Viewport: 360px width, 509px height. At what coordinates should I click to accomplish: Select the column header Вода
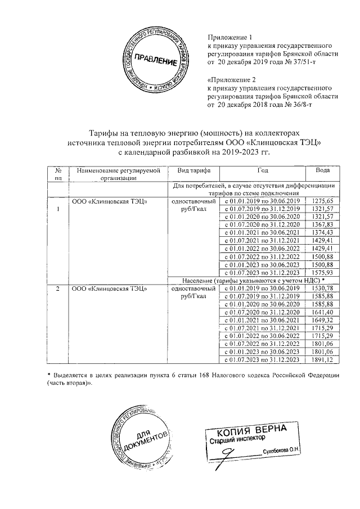tap(322, 169)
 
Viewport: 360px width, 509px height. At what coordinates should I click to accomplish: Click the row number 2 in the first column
tap(57, 289)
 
